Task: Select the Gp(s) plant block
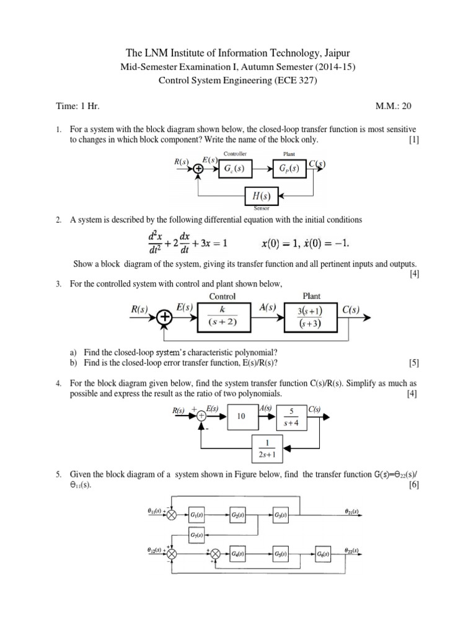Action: tap(288, 168)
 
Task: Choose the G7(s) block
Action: tap(198, 535)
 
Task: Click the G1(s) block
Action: tap(198, 515)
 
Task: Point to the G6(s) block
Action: tap(322, 553)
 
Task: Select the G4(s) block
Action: tap(239, 553)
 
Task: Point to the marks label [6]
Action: tap(414, 486)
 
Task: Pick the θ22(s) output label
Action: tap(353, 550)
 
